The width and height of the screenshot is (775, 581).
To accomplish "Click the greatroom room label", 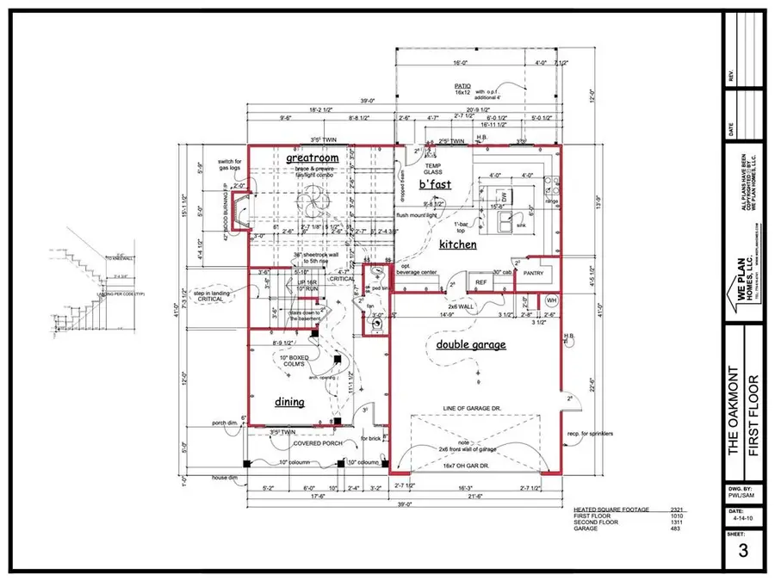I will (312, 159).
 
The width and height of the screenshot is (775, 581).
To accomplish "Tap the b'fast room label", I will (434, 183).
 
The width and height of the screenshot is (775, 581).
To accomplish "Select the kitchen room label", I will (457, 245).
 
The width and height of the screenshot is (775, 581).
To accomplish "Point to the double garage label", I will (470, 345).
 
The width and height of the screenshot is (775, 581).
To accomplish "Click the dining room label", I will (289, 401).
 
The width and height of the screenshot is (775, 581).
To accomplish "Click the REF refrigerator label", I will (481, 281).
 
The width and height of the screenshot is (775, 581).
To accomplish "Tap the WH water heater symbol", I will (553, 300).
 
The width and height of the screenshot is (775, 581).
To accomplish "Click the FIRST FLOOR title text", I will (754, 404).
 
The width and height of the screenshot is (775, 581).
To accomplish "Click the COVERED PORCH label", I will (319, 443).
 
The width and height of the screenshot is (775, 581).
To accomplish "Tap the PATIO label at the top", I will (462, 86).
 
